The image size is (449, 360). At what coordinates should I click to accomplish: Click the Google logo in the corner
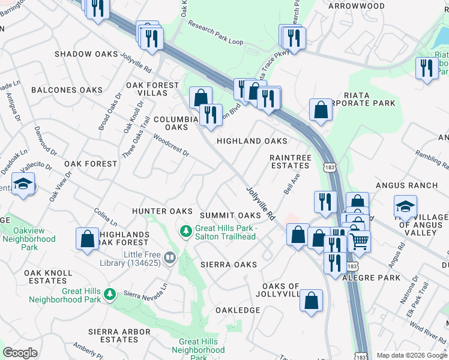(20, 353)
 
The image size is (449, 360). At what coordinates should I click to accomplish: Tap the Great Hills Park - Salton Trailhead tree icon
(186, 230)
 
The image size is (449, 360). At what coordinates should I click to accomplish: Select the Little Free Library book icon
(170, 258)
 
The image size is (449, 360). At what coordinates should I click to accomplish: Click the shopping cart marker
(360, 241)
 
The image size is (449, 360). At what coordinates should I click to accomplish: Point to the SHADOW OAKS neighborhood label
(86, 54)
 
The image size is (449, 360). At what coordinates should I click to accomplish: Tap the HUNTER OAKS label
(162, 211)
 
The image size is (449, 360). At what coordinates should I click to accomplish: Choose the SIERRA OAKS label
(229, 264)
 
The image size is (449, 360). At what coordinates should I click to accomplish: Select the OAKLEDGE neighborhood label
(238, 310)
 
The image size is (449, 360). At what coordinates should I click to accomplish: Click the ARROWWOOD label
(356, 6)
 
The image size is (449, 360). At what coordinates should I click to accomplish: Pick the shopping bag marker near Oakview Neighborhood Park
(88, 239)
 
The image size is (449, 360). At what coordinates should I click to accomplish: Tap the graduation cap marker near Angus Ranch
(405, 206)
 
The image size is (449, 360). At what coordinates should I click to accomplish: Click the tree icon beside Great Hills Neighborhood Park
(109, 294)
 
